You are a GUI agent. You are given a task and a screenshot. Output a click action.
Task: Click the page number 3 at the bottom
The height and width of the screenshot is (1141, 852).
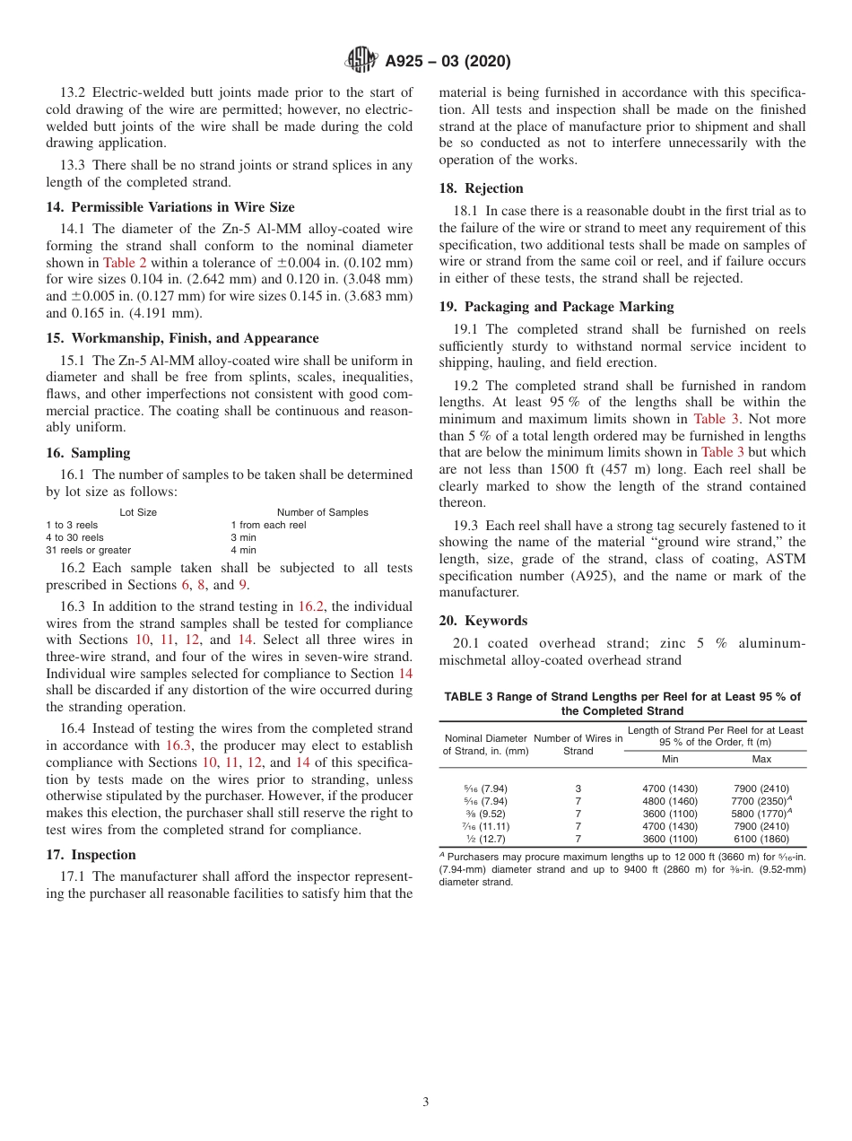coord(426,1102)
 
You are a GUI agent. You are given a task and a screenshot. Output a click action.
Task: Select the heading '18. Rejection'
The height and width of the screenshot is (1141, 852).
coord(481,188)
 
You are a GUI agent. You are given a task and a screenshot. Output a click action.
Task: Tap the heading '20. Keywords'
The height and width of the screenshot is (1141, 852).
coord(483,621)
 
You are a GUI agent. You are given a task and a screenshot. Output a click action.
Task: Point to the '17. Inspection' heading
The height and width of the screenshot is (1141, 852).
coord(91,855)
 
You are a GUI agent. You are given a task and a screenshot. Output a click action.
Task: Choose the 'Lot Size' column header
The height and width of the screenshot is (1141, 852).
coord(138,512)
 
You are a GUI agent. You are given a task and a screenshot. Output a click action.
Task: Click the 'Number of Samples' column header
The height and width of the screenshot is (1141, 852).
coord(322,512)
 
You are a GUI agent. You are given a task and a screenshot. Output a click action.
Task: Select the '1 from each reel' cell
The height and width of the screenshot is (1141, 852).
coord(268,525)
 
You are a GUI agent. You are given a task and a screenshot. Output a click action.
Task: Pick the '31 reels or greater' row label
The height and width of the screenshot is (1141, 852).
coord(88,550)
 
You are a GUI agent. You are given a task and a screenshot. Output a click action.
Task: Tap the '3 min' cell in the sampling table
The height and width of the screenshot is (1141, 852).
coord(243,537)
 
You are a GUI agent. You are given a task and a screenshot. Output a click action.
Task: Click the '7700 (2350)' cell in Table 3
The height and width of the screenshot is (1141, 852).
coord(759,801)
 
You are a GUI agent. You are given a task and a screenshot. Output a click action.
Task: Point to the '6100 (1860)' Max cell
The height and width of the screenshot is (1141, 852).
coord(761,839)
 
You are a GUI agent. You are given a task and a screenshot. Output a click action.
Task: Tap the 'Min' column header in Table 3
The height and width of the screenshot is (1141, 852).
coord(669,759)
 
